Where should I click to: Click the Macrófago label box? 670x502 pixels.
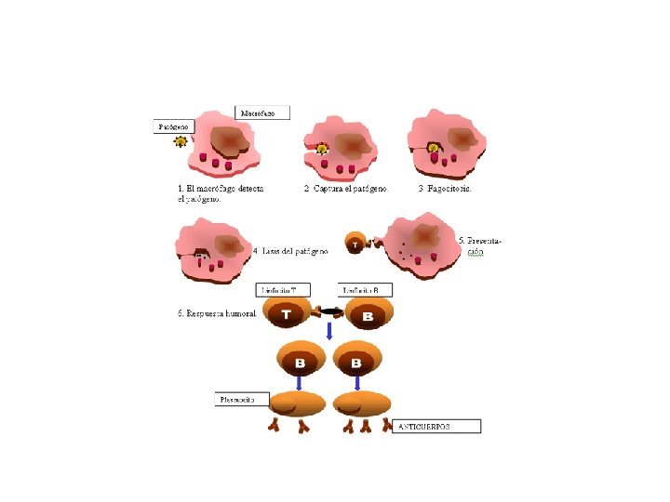[264, 112]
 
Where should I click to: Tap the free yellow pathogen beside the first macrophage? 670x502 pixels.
[181, 142]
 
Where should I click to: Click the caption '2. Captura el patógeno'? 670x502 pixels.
[345, 188]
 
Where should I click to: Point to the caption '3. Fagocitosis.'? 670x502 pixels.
[445, 188]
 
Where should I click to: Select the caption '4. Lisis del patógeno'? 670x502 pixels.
[290, 250]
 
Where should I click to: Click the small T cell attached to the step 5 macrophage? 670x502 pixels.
[355, 244]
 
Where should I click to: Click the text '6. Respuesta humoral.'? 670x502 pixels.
[218, 313]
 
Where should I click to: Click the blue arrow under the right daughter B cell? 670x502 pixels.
[358, 381]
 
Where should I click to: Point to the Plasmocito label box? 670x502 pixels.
[241, 400]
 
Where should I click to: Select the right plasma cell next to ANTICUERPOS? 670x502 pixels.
[363, 403]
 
